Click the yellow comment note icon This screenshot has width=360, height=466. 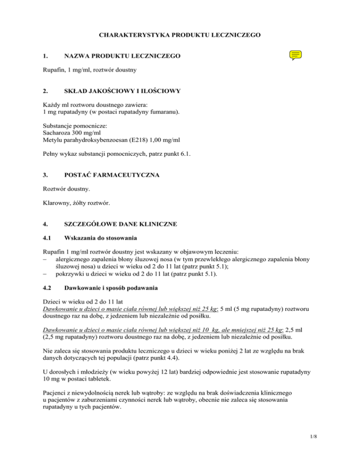pyautogui.click(x=295, y=56)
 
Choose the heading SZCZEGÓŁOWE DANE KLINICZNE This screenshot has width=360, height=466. pyautogui.click(x=121, y=225)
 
